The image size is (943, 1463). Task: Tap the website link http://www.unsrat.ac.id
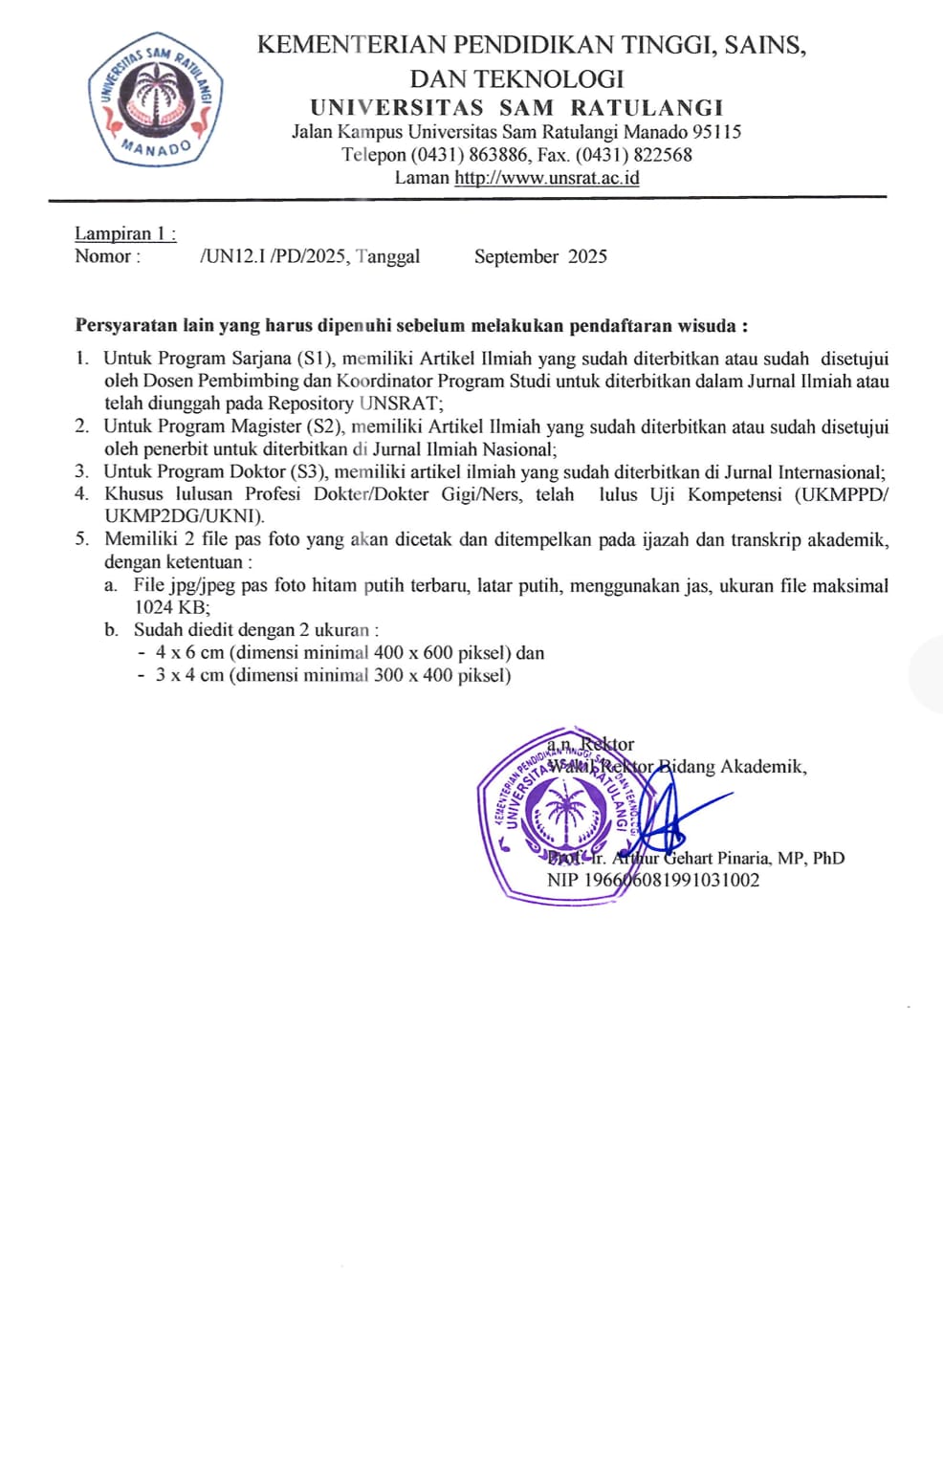click(546, 178)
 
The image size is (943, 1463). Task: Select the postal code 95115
click(716, 132)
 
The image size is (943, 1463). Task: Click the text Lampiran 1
click(124, 234)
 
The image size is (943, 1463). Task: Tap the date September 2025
click(540, 256)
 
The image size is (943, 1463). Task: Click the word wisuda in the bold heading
click(707, 326)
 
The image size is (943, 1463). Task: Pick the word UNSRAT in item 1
click(398, 404)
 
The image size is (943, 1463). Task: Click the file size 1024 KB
click(169, 607)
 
